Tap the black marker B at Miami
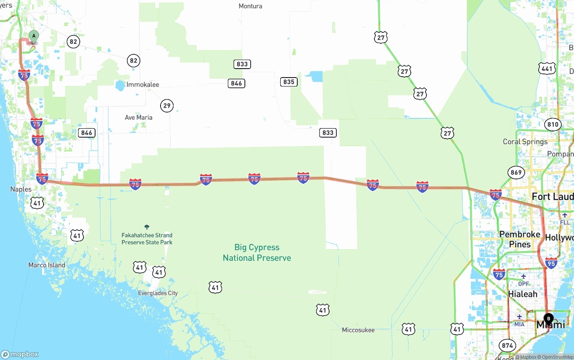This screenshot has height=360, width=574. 548,319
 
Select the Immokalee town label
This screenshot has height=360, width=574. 143,85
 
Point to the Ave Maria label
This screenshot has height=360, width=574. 139,117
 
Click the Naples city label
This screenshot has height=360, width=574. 21,189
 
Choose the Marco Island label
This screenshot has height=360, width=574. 47,265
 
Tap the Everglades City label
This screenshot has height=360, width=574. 158,293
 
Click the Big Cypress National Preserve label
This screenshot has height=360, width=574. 257,252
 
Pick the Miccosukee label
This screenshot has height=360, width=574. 358,330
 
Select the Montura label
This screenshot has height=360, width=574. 250,6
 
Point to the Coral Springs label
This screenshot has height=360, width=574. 525,142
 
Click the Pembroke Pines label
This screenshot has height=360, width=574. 520,239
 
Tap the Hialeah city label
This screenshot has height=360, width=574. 522,294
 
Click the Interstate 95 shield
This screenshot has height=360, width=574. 551,263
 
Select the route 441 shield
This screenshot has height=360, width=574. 547,68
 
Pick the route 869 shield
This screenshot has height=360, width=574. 516,173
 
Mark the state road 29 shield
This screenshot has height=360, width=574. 167,106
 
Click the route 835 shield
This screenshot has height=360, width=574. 289,82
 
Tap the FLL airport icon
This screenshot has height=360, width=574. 565,215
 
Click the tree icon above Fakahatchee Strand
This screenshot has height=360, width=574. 147,227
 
